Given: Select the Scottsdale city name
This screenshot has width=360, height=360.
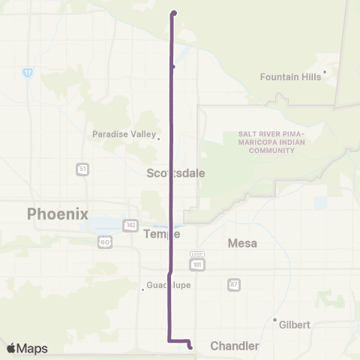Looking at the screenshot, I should (175, 172).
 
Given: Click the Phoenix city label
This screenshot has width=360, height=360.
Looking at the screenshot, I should (58, 214).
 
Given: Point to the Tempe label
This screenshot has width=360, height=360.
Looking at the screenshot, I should (161, 234).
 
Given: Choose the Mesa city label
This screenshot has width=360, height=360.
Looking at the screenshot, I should (242, 243).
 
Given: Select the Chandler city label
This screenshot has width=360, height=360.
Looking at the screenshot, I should (235, 346).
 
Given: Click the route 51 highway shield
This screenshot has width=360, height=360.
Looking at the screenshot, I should (82, 169).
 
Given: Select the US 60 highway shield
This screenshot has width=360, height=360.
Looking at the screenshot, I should (104, 242).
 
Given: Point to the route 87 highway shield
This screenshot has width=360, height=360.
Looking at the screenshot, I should (234, 284).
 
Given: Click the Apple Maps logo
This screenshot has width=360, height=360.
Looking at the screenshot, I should (27, 348).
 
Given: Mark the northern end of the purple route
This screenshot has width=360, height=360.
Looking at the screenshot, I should (174, 13).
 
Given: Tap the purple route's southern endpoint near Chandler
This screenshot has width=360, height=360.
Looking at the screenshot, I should (190, 346).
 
